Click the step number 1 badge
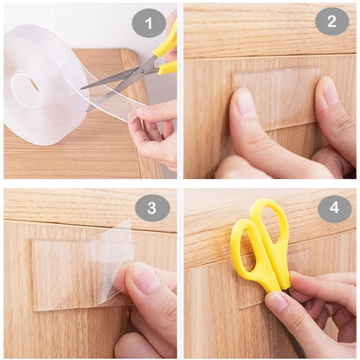click(149, 23)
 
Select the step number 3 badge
click(152, 209)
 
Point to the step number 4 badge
click(334, 209)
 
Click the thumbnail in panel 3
click(145, 279)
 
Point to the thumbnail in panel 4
click(277, 302)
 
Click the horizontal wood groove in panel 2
click(268, 59)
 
